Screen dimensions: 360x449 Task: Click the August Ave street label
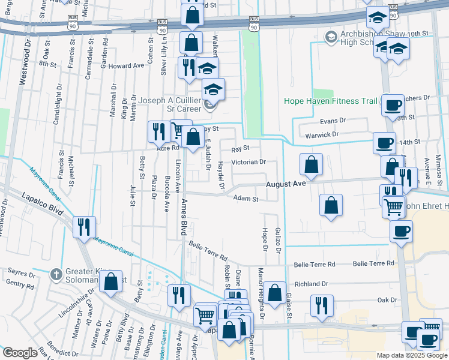pyautogui.click(x=286, y=185)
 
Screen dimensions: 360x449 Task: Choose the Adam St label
pyautogui.click(x=246, y=199)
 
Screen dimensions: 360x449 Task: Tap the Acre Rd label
pyautogui.click(x=167, y=148)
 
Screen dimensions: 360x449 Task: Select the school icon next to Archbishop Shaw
pyautogui.click(x=330, y=37)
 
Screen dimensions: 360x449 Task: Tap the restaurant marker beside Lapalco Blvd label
pyautogui.click(x=83, y=227)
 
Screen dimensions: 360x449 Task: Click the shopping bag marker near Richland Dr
pyautogui.click(x=276, y=293)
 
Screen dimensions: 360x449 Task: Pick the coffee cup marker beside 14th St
pyautogui.click(x=384, y=143)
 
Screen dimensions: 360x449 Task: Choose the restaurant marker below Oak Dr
pyautogui.click(x=322, y=306)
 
